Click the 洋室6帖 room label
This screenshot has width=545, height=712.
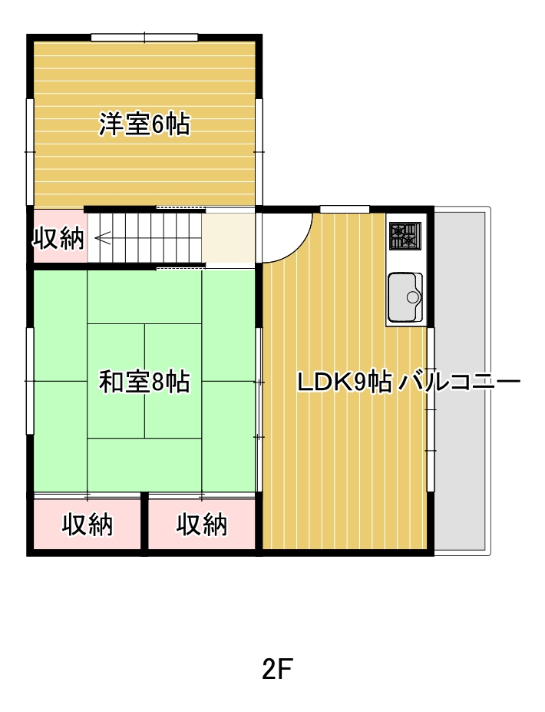[x=144, y=124]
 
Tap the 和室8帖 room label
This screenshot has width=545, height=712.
[x=144, y=382]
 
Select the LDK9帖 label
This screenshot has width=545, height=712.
[x=345, y=382]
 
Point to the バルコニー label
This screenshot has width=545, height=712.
[x=459, y=382]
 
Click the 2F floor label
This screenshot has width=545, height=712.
[x=277, y=668]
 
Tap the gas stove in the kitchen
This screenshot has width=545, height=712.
[x=405, y=236]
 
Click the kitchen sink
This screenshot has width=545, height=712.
[x=405, y=297]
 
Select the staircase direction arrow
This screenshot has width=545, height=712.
[x=103, y=237]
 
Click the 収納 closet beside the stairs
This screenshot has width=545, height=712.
[x=59, y=237]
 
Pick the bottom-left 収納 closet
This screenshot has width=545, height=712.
[x=87, y=524]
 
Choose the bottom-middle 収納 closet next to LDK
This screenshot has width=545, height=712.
[x=201, y=524]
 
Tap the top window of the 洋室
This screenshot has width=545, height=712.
[x=144, y=37]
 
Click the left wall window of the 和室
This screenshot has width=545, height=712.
[x=29, y=381]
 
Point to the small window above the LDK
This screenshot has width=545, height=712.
[x=345, y=209]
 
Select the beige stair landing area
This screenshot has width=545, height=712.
[x=228, y=237]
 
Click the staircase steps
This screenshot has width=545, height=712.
[x=145, y=237]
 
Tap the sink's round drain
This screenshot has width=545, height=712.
[x=413, y=297]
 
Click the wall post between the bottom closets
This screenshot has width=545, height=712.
[x=145, y=524]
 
